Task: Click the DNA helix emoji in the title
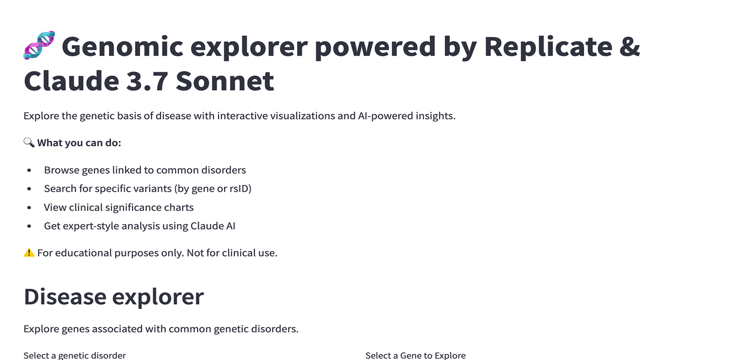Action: click(x=39, y=45)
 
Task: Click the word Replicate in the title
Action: click(x=548, y=46)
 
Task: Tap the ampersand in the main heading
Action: click(x=629, y=46)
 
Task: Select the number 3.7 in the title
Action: click(x=147, y=81)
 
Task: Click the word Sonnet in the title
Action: click(x=225, y=81)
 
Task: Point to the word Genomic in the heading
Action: click(x=122, y=46)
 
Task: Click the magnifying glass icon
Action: click(x=29, y=143)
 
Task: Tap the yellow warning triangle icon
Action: click(x=29, y=253)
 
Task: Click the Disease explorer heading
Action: click(x=114, y=296)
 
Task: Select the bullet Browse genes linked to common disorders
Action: click(x=145, y=170)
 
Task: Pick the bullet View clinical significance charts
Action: click(x=119, y=207)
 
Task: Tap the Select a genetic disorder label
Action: click(x=75, y=355)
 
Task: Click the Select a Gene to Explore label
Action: click(x=415, y=355)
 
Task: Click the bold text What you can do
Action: click(x=79, y=143)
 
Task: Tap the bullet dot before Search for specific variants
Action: click(x=29, y=189)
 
